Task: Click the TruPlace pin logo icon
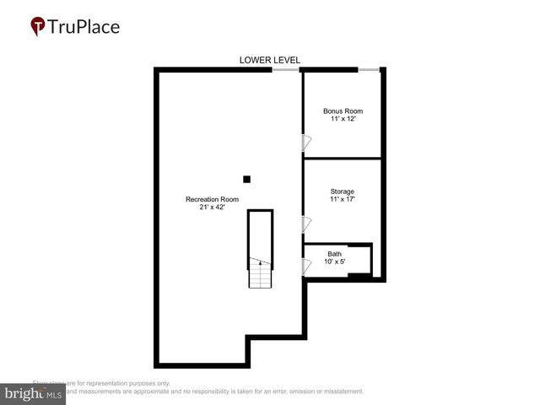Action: (39, 27)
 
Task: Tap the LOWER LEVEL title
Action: (270, 59)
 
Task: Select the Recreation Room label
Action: (212, 199)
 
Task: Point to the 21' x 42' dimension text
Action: (212, 208)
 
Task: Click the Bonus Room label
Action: (343, 111)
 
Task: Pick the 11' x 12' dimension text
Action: (343, 120)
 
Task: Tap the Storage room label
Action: (343, 192)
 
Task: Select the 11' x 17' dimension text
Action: (343, 200)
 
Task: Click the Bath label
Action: (335, 254)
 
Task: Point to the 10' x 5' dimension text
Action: (335, 262)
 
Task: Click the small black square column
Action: (246, 179)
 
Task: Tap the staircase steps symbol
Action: (260, 275)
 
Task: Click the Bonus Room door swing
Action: (307, 144)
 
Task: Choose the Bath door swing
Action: (307, 267)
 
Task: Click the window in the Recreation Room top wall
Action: (286, 71)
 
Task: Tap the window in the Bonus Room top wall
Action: (368, 70)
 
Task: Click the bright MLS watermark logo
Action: (33, 394)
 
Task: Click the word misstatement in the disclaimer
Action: (337, 391)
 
